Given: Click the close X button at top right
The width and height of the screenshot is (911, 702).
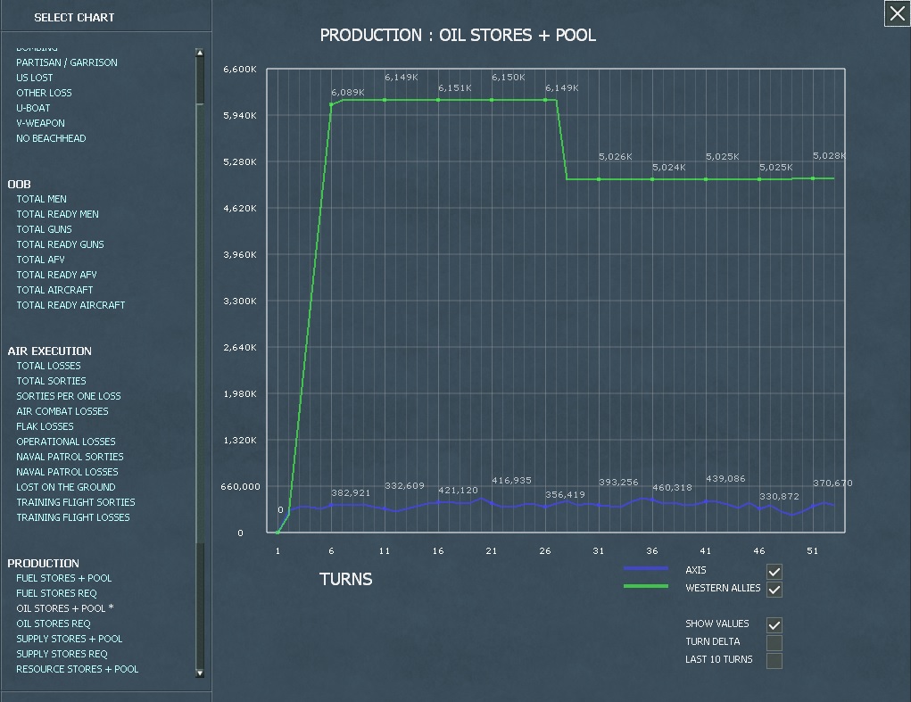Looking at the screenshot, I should coord(897,14).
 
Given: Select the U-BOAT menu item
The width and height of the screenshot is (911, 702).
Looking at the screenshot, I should coord(33,108).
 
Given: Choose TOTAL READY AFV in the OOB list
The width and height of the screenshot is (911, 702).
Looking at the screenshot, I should coord(56,275).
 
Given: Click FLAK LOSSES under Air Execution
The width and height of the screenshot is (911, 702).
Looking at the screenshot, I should coord(45,426).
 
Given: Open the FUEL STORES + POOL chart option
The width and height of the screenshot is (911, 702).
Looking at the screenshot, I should coord(63,578).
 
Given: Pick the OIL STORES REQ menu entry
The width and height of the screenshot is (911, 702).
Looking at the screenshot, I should coord(53,624).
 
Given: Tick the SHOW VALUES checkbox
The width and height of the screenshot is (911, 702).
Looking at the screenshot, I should coord(774,625).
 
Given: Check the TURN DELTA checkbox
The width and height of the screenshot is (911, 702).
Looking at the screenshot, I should coord(774,643).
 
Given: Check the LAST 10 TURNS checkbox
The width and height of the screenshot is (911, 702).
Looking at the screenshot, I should coord(774,661).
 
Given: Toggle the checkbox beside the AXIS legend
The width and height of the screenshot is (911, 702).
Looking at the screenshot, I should coord(774,572).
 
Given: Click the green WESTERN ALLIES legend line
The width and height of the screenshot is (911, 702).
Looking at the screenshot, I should coord(645,586).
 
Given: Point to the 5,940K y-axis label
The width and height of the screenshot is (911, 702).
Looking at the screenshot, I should coord(240,116).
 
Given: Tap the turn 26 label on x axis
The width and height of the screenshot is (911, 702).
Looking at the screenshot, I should coord(545,551).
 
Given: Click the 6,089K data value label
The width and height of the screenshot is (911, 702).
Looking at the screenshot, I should coord(347,93).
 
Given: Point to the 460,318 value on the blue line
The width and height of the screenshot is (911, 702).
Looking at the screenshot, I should coord(672,488).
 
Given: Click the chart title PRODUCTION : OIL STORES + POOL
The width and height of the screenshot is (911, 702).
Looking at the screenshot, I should coord(458,36).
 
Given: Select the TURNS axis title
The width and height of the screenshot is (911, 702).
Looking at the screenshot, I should coord(345,580).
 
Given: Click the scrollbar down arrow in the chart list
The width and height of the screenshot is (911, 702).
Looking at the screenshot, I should coord(200,673).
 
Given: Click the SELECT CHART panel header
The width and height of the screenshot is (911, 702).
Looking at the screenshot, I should coord(74,17).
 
